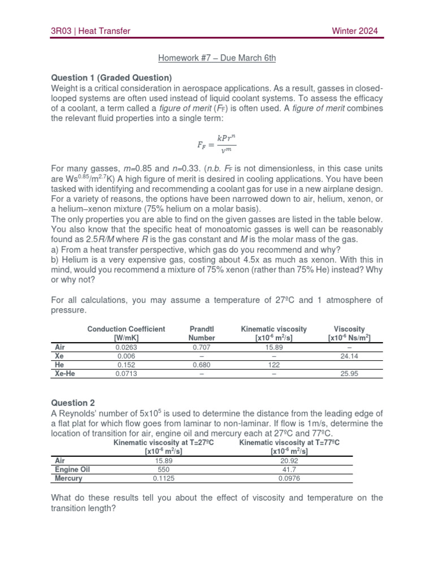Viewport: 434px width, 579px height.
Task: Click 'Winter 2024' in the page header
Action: pyautogui.click(x=354, y=31)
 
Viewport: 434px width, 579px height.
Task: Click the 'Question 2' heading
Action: pyautogui.click(x=73, y=403)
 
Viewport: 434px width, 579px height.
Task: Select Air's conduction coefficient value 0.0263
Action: pyautogui.click(x=126, y=347)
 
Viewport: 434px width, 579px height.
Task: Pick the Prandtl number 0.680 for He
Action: pyautogui.click(x=202, y=365)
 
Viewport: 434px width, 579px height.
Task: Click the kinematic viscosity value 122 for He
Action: pyautogui.click(x=274, y=365)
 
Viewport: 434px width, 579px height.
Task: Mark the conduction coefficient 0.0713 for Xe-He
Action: pyautogui.click(x=126, y=374)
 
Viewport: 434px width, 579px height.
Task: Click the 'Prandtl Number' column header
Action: pyautogui.click(x=202, y=333)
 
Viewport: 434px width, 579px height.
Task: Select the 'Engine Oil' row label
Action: pyautogui.click(x=72, y=469)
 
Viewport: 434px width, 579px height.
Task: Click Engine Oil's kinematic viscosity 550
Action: pyautogui.click(x=163, y=469)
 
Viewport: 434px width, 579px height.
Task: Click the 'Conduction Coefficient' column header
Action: pyautogui.click(x=126, y=333)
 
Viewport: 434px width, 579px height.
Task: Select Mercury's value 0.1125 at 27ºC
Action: pyautogui.click(x=163, y=478)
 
